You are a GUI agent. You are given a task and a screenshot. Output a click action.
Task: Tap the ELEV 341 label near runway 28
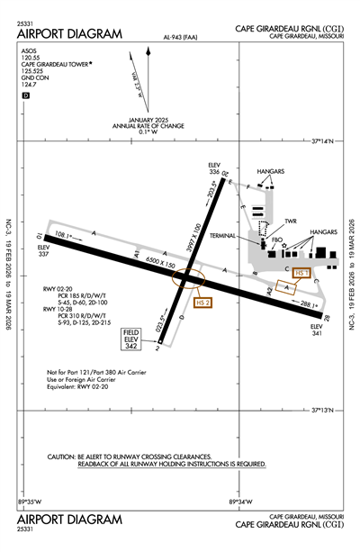[x=315, y=331]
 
